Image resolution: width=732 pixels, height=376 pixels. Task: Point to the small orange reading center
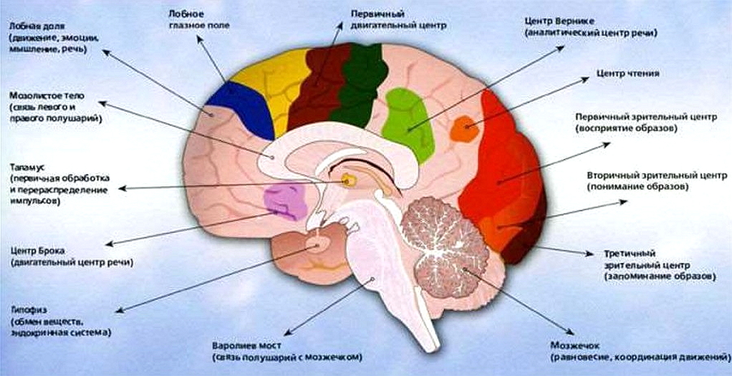464,129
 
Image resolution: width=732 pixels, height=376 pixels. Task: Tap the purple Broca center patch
285,201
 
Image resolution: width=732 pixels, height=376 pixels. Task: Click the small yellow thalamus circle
346,179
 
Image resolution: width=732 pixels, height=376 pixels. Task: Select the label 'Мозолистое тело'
46,95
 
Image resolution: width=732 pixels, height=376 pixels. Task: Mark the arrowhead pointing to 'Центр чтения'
586,80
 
